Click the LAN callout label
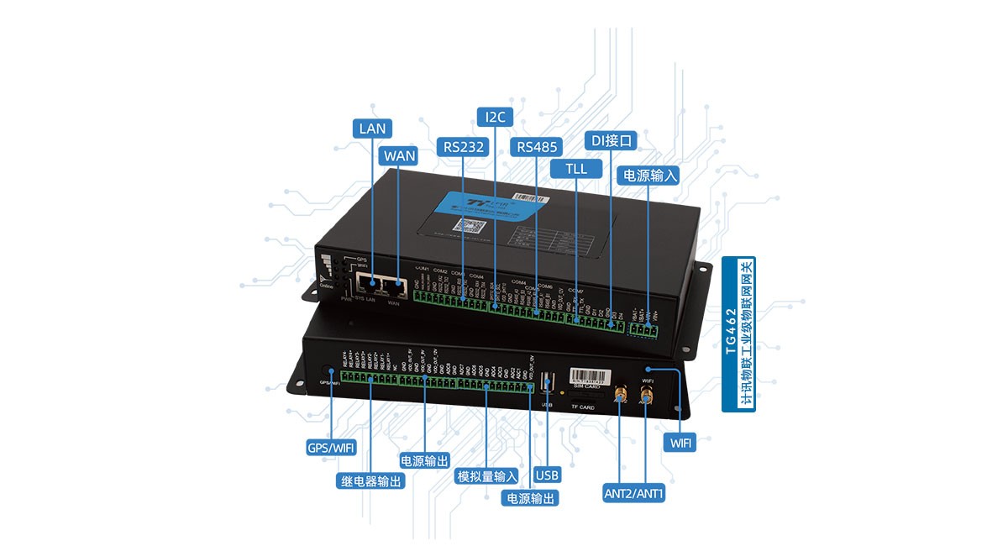pos(371,129)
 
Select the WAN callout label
pos(398,156)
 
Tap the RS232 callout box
pos(463,146)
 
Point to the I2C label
pos(495,117)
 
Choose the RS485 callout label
pos(536,147)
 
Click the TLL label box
pos(576,168)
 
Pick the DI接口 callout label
pos(612,139)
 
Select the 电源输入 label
pos(647,175)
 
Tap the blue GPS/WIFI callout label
pos(330,447)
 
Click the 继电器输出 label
pos(371,481)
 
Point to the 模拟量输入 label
pos(486,476)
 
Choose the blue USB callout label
pos(547,475)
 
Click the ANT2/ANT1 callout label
pos(634,493)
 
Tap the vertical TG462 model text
pos(731,336)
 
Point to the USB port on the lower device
pos(549,383)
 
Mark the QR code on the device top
pos(463,225)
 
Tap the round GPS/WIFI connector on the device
pos(326,370)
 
